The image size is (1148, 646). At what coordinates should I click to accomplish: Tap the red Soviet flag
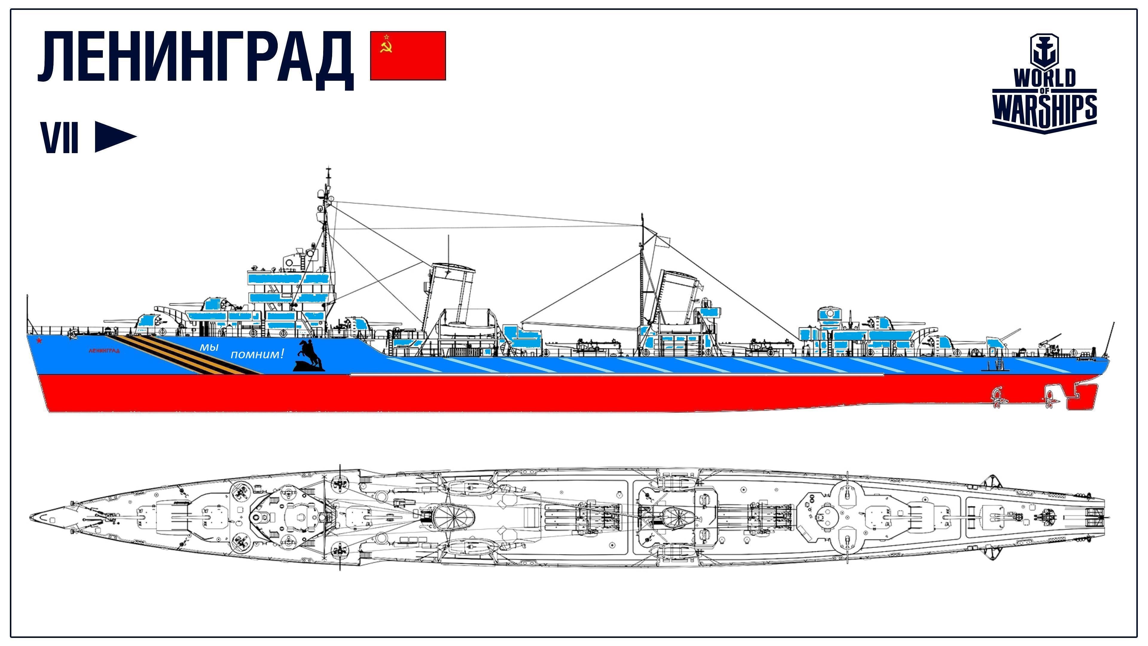408,56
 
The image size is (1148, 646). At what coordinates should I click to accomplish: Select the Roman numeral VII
60,137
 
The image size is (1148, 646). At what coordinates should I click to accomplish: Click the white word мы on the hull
209,346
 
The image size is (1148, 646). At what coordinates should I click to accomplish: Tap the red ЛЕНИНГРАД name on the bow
104,351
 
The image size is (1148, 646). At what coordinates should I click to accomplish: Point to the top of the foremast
329,168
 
